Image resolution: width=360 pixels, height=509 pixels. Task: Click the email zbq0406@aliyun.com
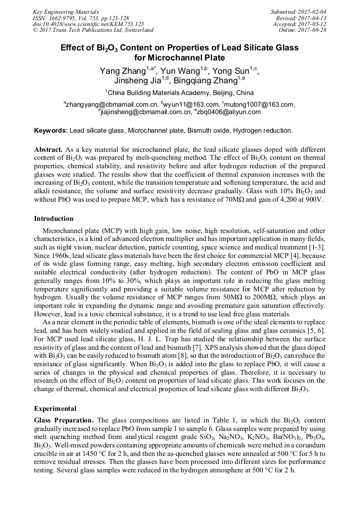[229, 112]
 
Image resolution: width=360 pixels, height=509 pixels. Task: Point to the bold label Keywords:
[51, 130]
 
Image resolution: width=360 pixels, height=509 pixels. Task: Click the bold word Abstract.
[49, 150]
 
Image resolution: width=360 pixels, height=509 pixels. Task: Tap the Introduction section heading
[54, 218]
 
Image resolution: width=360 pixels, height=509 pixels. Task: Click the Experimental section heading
[55, 409]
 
